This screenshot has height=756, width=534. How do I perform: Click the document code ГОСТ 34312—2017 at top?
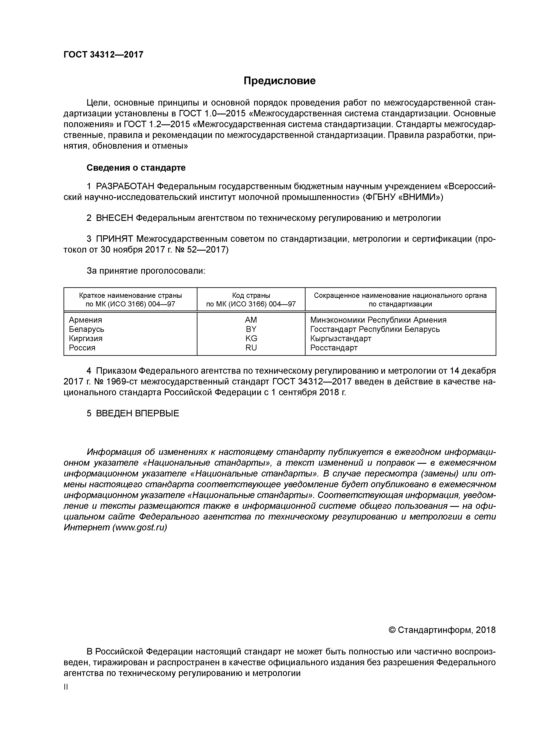pyautogui.click(x=103, y=55)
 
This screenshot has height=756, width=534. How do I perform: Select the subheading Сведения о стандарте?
pyautogui.click(x=136, y=168)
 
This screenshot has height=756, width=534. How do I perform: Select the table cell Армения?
pyautogui.click(x=85, y=320)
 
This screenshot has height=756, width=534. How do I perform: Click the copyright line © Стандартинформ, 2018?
pyautogui.click(x=442, y=630)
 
